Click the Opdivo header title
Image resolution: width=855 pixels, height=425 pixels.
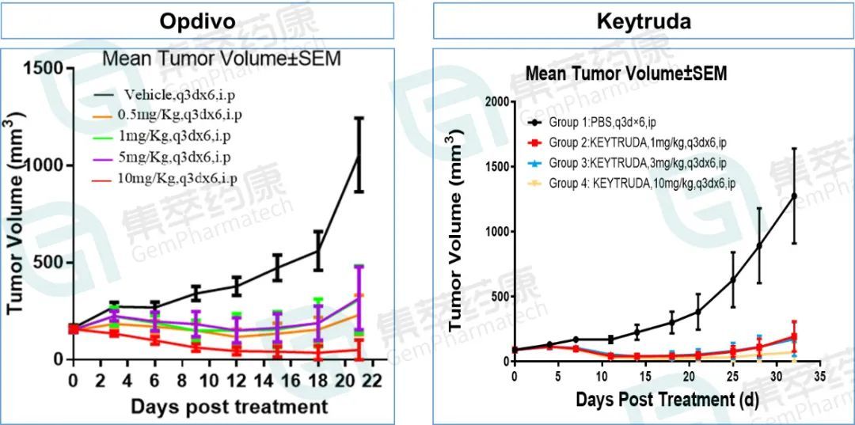(x=197, y=21)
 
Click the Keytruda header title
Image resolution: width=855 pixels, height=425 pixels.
(x=643, y=21)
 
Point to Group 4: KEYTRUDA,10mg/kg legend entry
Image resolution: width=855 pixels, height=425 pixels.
(x=642, y=184)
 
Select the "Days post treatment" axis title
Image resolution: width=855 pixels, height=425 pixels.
(x=228, y=407)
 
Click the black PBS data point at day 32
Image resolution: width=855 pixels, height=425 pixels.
(x=793, y=195)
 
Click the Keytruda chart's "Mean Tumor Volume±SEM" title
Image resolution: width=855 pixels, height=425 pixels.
(x=626, y=74)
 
